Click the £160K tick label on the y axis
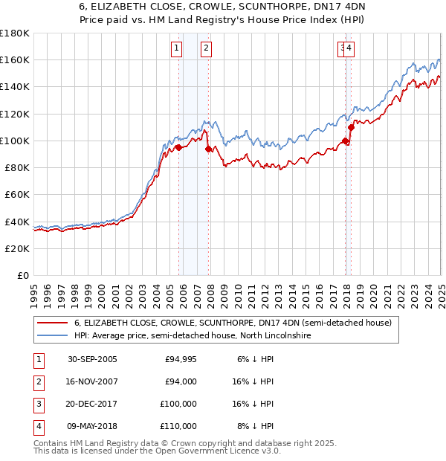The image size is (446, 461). point(15,59)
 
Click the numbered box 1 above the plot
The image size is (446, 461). point(177,49)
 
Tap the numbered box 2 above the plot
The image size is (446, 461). point(206,49)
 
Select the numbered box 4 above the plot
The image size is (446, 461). point(349,49)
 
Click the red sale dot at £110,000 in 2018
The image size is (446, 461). point(351,127)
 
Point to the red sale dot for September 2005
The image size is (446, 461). point(178,147)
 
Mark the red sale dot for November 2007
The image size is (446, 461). point(208,149)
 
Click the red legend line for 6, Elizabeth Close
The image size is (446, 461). point(53,323)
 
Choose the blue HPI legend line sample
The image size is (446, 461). point(53,336)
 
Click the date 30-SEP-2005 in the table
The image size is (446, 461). point(92,359)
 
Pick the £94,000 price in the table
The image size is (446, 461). point(181,381)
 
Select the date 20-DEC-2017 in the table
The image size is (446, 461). point(92,404)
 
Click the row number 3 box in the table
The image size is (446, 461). point(37,404)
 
